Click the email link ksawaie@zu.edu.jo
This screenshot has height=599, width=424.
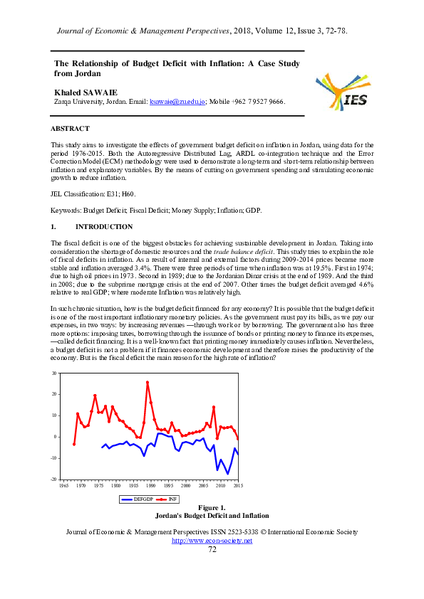177,102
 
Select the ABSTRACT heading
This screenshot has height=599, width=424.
70,129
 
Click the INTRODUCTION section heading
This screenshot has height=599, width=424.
103,227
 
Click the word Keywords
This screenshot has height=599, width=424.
66,211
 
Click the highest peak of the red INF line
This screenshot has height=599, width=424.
148,383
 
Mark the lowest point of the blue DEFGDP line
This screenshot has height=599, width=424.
228,473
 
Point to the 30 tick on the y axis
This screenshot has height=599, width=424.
54,373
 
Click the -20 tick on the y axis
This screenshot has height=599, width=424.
53,479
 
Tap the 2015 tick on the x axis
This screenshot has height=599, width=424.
237,485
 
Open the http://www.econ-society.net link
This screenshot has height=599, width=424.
212,541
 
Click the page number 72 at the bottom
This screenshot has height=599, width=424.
212,549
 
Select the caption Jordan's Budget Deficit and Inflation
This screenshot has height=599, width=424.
212,515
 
